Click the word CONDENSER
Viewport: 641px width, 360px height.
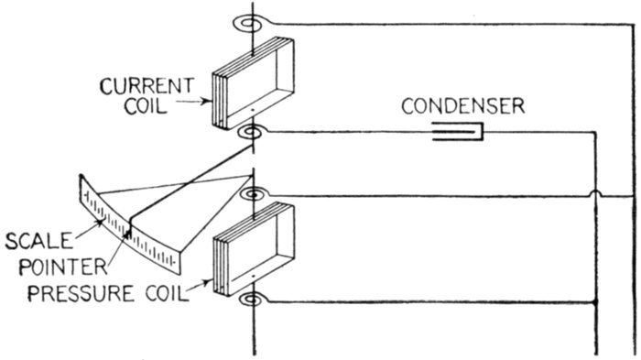click(462, 106)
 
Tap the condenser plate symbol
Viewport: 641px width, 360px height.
click(458, 132)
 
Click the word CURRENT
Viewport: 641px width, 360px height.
click(147, 86)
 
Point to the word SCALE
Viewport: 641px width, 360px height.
click(38, 241)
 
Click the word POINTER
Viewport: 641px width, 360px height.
click(63, 267)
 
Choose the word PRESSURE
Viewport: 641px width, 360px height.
click(81, 294)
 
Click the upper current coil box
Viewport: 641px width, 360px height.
click(253, 83)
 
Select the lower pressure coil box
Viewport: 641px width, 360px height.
click(254, 249)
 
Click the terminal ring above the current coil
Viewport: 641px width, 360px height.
click(248, 24)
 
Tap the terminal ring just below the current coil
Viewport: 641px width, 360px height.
click(251, 133)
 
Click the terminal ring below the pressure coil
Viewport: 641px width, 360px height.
click(253, 300)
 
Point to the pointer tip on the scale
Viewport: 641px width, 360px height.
click(129, 234)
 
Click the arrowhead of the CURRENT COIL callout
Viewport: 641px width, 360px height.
click(206, 101)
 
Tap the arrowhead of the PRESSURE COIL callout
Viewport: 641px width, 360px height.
click(209, 281)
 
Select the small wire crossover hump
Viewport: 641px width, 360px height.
click(595, 192)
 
